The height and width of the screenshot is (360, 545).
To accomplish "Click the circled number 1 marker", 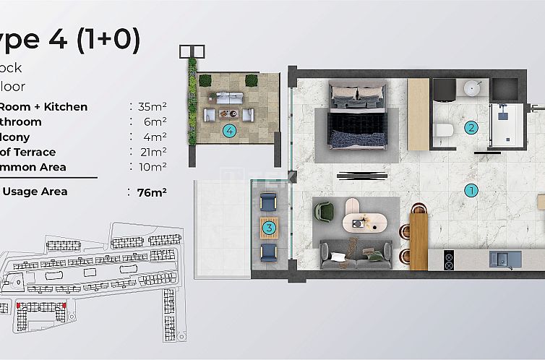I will tap(471, 191).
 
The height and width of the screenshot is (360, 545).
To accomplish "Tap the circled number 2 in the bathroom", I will tap(471, 128).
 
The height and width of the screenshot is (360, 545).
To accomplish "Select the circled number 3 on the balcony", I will tap(269, 228).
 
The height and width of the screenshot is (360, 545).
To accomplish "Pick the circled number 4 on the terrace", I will tap(229, 131).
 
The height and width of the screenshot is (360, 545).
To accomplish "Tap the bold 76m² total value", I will tap(152, 192).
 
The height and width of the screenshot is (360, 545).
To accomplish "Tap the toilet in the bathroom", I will tap(444, 130).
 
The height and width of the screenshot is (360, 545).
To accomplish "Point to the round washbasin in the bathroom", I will tap(473, 89).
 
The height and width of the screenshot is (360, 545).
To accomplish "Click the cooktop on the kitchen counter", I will tap(448, 258).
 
